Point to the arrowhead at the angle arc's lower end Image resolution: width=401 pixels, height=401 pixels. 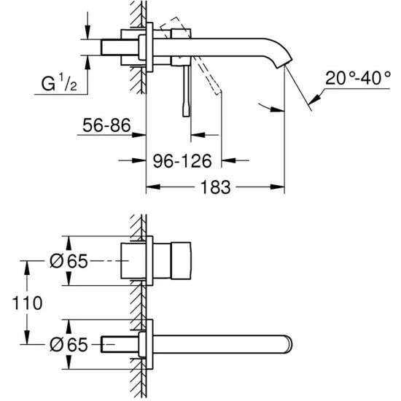pos(276,110)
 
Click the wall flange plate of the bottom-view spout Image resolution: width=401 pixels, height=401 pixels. pos(149,343)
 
